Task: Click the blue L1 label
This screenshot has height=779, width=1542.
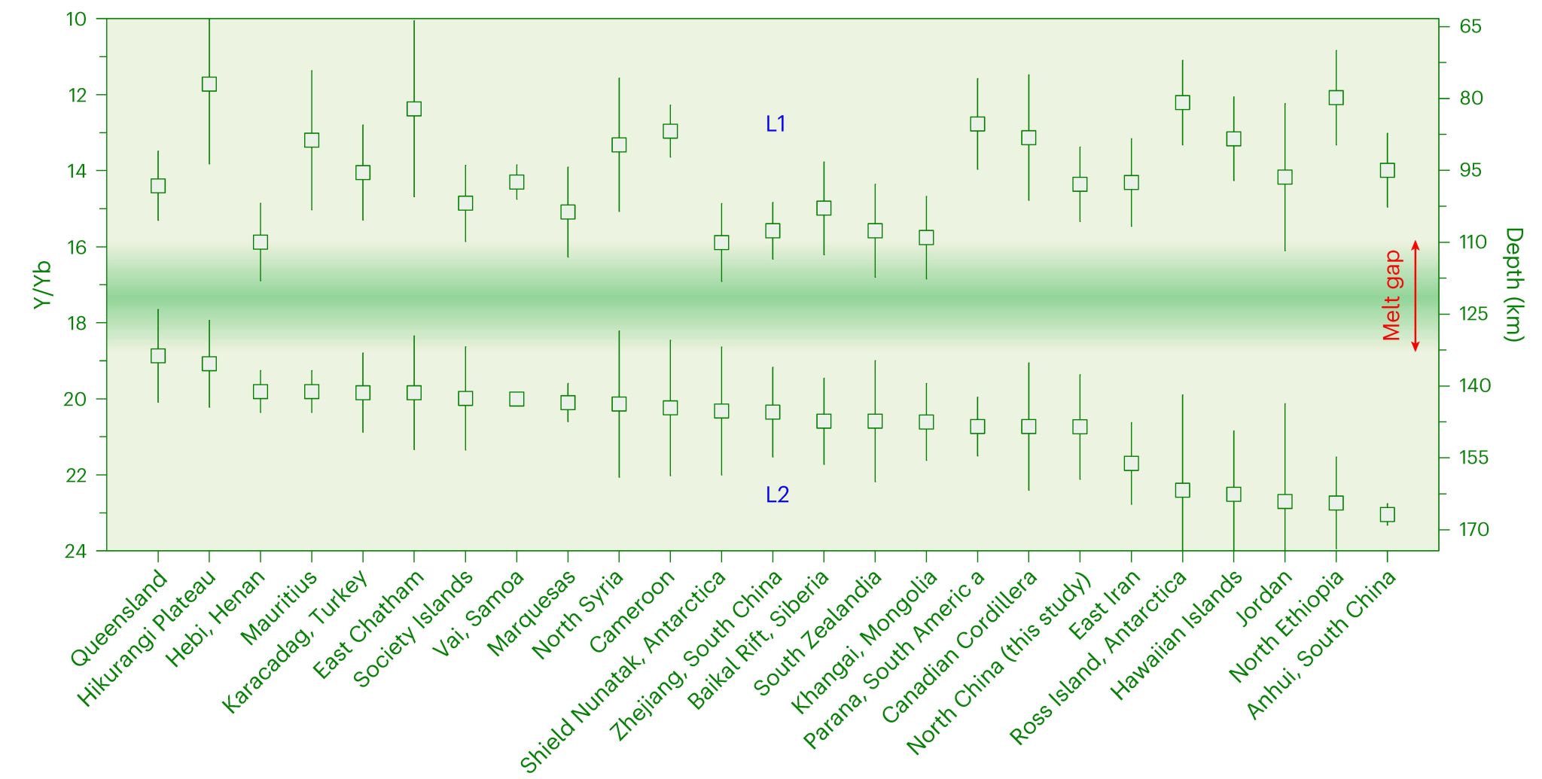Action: coord(776,124)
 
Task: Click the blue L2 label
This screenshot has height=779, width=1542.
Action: coord(777,495)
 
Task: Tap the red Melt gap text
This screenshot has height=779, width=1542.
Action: coord(1392,296)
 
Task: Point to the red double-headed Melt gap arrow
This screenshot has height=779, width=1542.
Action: coord(1416,296)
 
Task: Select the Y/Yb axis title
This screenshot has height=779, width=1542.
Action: coord(43,285)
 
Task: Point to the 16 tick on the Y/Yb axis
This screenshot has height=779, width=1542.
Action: coord(75,247)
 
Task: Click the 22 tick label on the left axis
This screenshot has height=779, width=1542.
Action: coord(75,475)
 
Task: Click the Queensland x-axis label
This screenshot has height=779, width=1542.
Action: coord(119,619)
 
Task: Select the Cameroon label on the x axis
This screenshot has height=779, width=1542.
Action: coord(632,611)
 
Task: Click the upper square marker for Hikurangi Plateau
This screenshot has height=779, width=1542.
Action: coord(209,84)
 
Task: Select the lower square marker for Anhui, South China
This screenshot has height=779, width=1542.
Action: coord(1387,515)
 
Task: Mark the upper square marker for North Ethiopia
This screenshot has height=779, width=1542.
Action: coord(1336,98)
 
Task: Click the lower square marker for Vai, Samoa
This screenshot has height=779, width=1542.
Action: coord(517,399)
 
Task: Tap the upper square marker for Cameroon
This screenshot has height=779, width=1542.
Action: coord(670,131)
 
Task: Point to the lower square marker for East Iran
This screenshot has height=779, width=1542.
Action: coord(1131,464)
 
